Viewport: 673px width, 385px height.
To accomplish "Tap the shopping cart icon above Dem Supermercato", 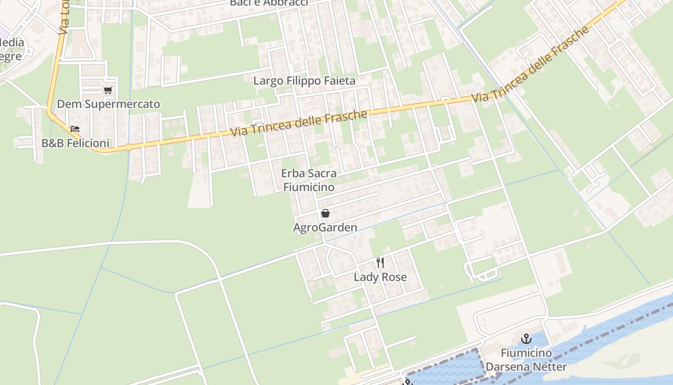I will (108, 90).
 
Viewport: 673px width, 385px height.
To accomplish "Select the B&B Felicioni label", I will (75, 143).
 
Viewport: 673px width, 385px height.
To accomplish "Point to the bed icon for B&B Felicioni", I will (75, 129).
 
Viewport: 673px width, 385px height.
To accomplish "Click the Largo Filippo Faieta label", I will (304, 80).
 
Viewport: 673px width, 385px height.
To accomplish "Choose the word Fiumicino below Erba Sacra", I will (309, 187).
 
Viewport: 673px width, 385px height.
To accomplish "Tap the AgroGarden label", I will (325, 227).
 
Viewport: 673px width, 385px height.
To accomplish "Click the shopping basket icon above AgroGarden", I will (325, 213).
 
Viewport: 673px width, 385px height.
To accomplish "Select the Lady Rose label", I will (380, 277).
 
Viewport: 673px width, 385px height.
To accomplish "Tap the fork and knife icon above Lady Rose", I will (380, 262).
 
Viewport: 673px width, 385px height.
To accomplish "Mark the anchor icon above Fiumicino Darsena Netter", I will (526, 339).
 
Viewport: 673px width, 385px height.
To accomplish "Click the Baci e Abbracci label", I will (269, 2).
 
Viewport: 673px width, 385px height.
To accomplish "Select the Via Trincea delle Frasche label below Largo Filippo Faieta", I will (299, 123).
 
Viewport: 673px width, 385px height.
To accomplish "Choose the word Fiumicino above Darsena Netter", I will (526, 353).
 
